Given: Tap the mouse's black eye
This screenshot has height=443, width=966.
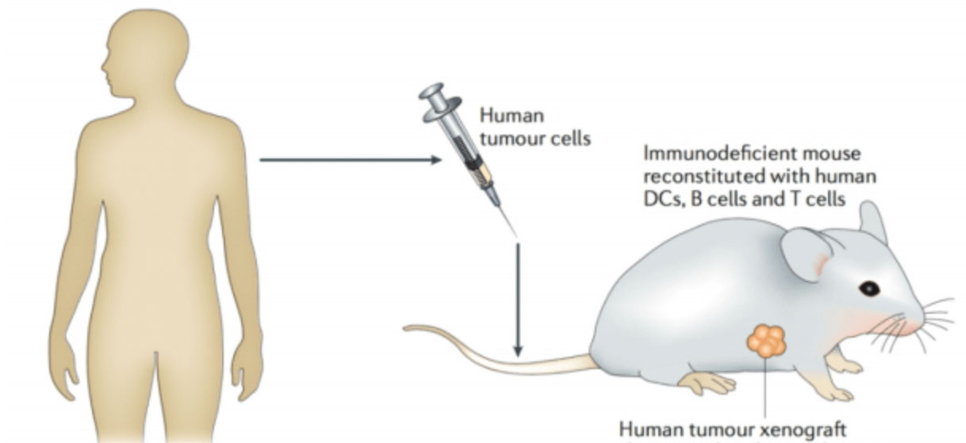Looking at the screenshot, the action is (869, 288).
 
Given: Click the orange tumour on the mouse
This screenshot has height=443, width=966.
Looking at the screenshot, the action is (767, 342).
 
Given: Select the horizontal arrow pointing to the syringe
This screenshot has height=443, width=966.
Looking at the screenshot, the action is (351, 160).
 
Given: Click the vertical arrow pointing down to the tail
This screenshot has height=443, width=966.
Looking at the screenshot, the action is (518, 300).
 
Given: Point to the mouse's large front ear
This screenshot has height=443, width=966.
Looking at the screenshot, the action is (807, 254).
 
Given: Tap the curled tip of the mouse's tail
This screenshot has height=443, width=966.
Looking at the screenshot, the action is (408, 328).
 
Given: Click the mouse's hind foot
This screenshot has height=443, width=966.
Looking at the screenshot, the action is (707, 384).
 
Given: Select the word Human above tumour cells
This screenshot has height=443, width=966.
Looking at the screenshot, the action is (512, 116).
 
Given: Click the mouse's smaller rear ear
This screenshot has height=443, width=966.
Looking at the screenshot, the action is (872, 223).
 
